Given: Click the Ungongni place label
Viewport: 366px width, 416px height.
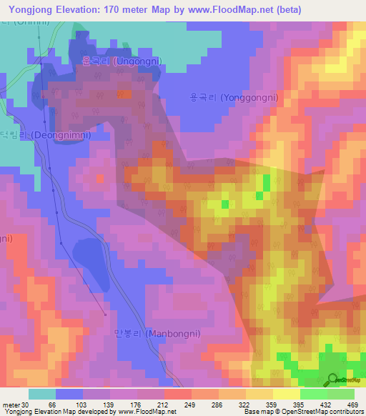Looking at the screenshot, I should [121, 61].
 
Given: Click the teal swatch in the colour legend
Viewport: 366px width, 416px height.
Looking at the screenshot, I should [42, 394].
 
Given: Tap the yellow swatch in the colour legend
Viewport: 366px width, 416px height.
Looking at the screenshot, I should [287, 394].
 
